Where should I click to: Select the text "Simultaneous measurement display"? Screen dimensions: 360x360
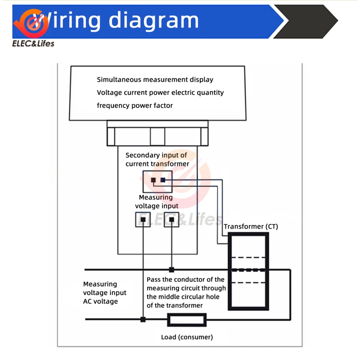(155, 80)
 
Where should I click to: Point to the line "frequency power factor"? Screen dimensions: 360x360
(135, 105)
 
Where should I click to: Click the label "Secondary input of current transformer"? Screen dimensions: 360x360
(157, 159)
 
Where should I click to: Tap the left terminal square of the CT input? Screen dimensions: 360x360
(153, 180)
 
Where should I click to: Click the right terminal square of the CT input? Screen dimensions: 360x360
(163, 180)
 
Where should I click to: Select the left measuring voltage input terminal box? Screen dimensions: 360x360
(143, 219)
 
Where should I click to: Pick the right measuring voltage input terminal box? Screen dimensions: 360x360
(171, 219)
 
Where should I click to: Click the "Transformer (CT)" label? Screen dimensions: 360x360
(251, 226)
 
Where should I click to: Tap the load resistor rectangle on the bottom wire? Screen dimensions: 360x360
(187, 320)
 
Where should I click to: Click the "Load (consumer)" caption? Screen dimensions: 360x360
(187, 337)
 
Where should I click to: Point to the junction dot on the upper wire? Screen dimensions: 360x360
(171, 270)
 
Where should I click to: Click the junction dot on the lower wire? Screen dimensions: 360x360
(143, 320)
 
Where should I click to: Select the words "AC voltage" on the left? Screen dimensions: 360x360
(100, 301)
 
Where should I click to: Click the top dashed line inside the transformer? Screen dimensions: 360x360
(248, 258)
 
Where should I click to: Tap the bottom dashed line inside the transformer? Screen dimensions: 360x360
(248, 283)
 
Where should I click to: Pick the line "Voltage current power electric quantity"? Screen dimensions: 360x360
(160, 93)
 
